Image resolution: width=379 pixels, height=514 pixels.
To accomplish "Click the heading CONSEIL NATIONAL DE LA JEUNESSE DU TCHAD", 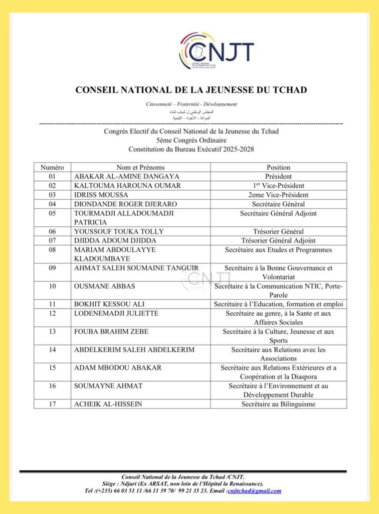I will [x=191, y=90].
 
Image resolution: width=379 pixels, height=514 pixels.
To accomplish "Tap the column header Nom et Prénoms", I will [x=140, y=167].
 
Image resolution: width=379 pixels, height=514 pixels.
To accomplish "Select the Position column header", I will [x=278, y=167].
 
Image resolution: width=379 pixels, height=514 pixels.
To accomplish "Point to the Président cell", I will [x=278, y=176].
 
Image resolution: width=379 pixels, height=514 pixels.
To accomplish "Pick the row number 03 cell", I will [x=52, y=195].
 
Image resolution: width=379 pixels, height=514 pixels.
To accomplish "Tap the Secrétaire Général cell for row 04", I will [x=278, y=204].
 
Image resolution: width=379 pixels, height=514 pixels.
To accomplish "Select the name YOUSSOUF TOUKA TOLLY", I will [x=119, y=231].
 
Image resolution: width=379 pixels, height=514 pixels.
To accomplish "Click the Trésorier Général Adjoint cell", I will [x=278, y=240].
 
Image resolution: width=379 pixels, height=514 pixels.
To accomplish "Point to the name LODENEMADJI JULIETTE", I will [x=116, y=313].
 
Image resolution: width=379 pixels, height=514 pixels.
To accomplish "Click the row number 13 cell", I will [x=52, y=331].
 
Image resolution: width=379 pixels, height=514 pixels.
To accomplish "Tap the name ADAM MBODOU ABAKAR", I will [x=118, y=367].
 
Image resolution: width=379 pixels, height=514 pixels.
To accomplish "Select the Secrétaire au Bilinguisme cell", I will [x=278, y=404].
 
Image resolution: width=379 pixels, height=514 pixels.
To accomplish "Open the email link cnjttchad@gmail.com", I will [x=254, y=491].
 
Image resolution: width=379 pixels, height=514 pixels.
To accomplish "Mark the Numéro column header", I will [x=52, y=167].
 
